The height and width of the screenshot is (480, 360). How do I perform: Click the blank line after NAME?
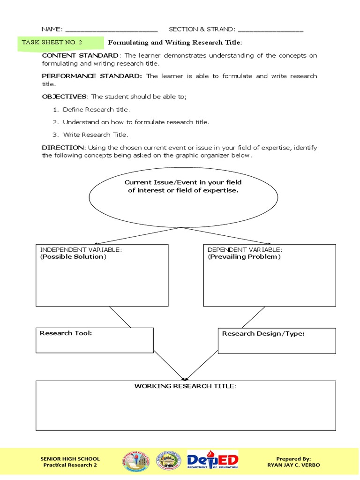[x=112, y=30]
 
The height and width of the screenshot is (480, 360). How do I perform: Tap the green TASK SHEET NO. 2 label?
[x=52, y=43]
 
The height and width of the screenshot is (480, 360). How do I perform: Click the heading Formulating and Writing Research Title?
[x=175, y=43]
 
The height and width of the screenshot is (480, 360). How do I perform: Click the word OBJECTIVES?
[x=64, y=97]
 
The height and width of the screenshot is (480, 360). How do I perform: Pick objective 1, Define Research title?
[x=96, y=109]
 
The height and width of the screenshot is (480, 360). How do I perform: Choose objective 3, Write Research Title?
[x=95, y=135]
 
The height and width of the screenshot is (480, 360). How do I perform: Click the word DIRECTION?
[x=63, y=147]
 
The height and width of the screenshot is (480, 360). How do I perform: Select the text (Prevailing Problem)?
[x=244, y=257]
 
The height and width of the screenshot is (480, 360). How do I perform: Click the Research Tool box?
[x=95, y=340]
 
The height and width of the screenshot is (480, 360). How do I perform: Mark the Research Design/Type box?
[x=277, y=340]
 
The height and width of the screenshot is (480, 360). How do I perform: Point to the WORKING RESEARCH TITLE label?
[x=186, y=386]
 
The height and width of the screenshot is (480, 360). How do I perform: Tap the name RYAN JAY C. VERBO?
[x=293, y=465]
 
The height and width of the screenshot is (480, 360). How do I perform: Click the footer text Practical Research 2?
[x=70, y=465]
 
